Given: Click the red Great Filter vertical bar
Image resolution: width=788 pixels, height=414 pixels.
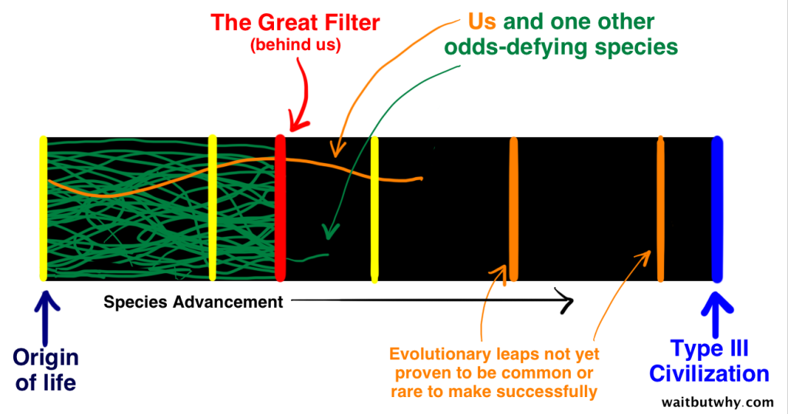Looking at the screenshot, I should [280, 208].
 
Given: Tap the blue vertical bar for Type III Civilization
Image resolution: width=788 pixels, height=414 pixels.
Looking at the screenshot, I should [717, 208].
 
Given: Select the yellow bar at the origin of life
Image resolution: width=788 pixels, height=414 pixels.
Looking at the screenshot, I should [43, 208].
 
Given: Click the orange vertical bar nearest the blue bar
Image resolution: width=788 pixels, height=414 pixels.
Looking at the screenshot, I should [660, 208].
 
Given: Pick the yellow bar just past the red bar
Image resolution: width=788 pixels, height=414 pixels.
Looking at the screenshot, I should [374, 208].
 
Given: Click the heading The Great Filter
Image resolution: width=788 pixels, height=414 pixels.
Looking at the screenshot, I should [295, 22].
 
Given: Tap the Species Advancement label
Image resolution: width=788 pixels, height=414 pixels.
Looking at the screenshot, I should [193, 302].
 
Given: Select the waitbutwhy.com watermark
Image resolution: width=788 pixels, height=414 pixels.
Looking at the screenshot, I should [717, 402].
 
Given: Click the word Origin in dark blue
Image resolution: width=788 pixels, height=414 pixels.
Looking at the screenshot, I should [45, 358].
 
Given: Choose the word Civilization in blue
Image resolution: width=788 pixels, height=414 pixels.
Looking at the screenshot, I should [709, 374].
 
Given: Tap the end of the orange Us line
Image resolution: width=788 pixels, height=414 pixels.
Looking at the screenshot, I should [420, 179].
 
